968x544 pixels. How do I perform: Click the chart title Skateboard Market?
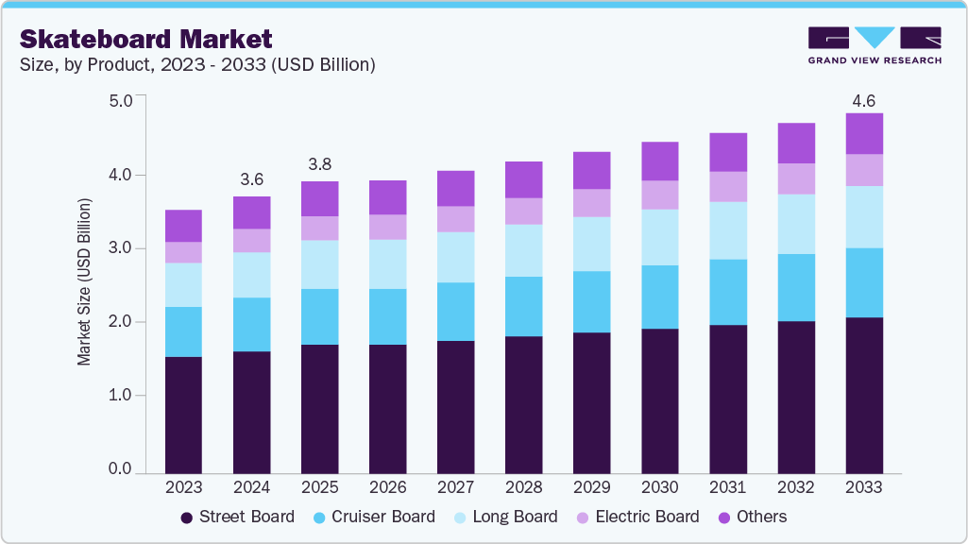pyautogui.click(x=146, y=39)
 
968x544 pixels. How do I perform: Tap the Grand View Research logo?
pyautogui.click(x=875, y=44)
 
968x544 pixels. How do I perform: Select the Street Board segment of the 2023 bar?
pyautogui.click(x=183, y=415)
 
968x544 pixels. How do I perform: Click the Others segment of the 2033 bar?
pyautogui.click(x=863, y=133)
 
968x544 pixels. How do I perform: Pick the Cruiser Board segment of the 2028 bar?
pyautogui.click(x=523, y=306)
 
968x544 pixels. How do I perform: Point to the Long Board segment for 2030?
pyautogui.click(x=659, y=237)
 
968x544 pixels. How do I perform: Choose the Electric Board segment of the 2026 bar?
pyautogui.click(x=387, y=227)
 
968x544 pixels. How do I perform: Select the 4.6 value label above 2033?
pyautogui.click(x=863, y=100)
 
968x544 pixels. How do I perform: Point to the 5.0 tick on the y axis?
pyautogui.click(x=120, y=101)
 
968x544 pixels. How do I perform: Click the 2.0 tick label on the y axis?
pyautogui.click(x=120, y=322)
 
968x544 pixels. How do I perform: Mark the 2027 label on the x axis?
pyautogui.click(x=455, y=487)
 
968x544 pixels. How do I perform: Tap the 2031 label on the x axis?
pyautogui.click(x=727, y=487)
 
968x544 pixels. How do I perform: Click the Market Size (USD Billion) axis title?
pyautogui.click(x=85, y=282)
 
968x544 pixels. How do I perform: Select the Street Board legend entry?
pyautogui.click(x=237, y=517)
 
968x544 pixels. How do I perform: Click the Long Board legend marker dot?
pyautogui.click(x=458, y=518)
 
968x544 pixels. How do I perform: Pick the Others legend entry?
pyautogui.click(x=753, y=517)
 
